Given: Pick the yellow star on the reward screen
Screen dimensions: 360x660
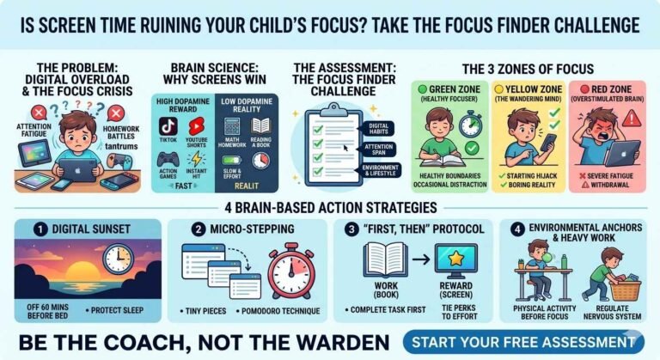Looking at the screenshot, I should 455,258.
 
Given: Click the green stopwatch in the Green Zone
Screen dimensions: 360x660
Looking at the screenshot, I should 470,126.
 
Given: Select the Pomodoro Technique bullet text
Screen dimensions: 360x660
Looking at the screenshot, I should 286,310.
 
